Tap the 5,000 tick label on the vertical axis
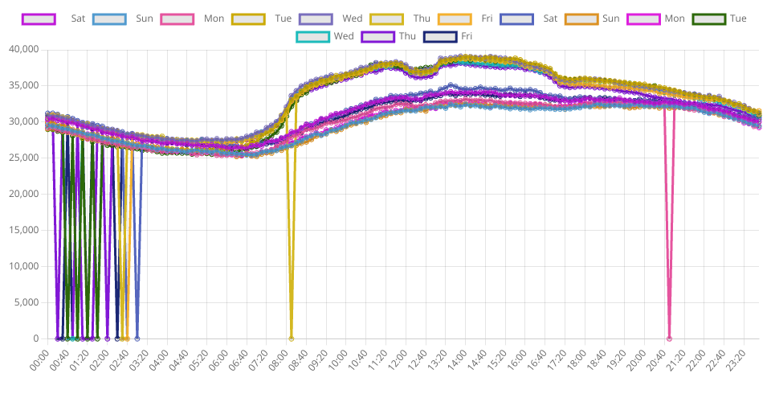pyautogui.click(x=27, y=302)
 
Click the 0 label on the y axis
pyautogui.click(x=35, y=338)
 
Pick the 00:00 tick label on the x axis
pyautogui.click(x=39, y=359)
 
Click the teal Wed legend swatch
pyautogui.click(x=312, y=35)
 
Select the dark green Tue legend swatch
pyautogui.click(x=708, y=18)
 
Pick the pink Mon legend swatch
pyautogui.click(x=177, y=18)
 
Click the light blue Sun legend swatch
pyautogui.click(x=109, y=18)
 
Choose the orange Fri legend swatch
pyautogui.click(x=456, y=18)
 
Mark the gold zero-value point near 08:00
pyautogui.click(x=291, y=338)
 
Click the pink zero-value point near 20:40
pyautogui.click(x=669, y=338)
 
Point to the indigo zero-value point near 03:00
pyautogui.click(x=137, y=338)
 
